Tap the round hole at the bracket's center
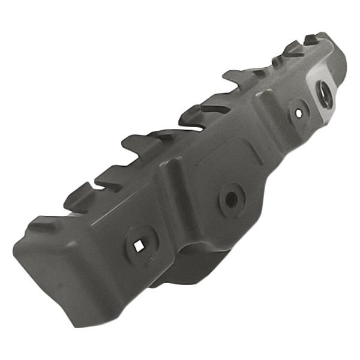click(230, 197)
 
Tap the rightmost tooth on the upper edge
click(312, 41)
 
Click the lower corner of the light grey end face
click(327, 123)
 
